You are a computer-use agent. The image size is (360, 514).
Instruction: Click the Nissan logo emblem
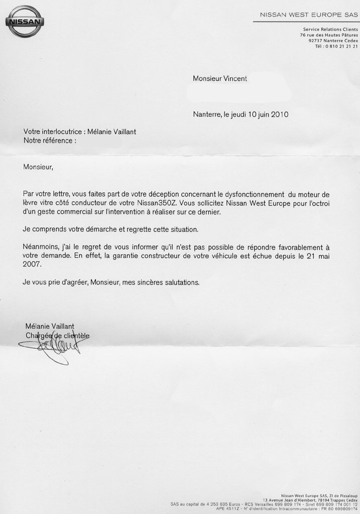(25, 21)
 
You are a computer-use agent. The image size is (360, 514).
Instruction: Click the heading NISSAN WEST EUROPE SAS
(309, 15)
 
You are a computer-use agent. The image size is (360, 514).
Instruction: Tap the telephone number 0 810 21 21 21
(341, 46)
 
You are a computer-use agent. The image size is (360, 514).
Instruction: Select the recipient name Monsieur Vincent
(220, 78)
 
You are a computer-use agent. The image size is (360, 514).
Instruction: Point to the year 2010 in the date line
(279, 114)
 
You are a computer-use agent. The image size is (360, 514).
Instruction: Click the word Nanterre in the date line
(206, 114)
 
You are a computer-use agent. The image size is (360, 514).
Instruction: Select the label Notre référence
(49, 141)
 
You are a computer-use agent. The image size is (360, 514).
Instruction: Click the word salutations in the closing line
(181, 282)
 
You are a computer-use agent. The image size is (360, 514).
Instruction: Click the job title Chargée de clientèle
(57, 335)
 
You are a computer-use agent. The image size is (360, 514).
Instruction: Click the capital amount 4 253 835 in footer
(217, 503)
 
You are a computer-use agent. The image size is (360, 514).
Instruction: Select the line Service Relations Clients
(330, 30)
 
